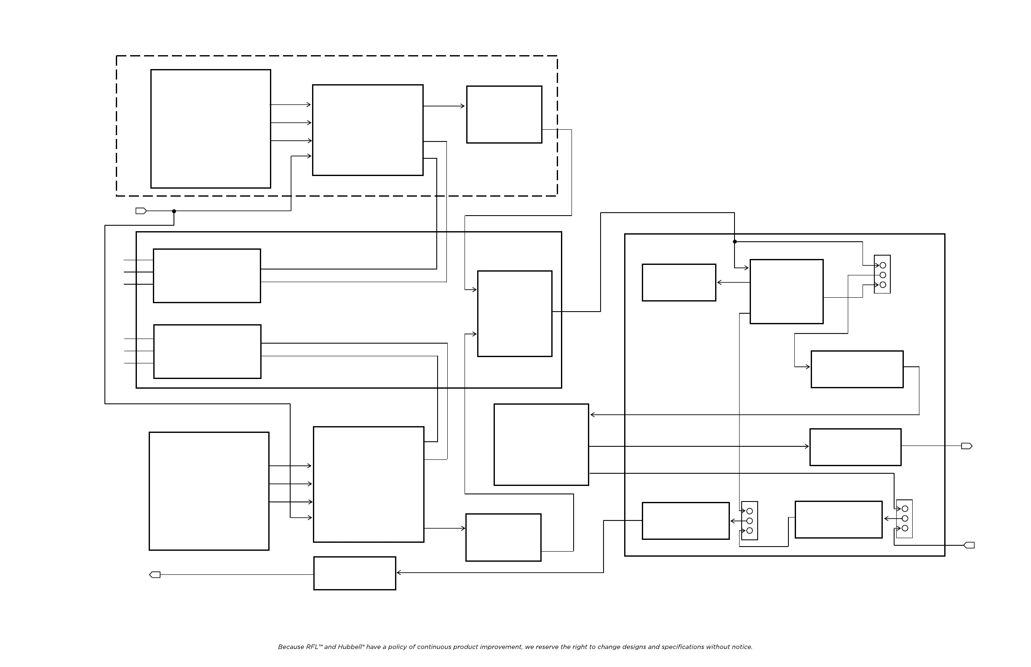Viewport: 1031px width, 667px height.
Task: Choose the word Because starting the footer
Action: (x=291, y=647)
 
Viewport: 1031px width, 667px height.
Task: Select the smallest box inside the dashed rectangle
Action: (x=504, y=115)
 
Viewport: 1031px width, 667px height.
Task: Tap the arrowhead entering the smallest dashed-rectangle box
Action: (x=463, y=106)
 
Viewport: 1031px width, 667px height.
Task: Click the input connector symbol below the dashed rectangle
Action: (x=141, y=211)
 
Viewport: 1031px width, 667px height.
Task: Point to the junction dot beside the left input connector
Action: (x=174, y=211)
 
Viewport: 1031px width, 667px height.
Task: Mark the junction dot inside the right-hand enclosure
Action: (x=735, y=242)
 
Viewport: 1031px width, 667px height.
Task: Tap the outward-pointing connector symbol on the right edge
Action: (x=967, y=446)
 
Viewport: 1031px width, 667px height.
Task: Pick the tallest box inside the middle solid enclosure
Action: (x=515, y=314)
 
